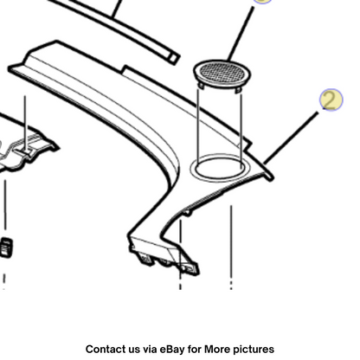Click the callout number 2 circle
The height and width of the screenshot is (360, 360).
331,100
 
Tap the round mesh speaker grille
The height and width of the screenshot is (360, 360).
222,74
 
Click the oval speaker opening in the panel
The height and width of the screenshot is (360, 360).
220,168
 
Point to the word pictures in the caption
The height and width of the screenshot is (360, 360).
254,350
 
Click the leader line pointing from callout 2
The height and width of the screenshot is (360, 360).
291,138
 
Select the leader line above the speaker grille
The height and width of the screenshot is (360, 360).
241,34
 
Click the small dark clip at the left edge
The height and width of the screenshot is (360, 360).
6,247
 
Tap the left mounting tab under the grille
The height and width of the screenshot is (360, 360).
201,86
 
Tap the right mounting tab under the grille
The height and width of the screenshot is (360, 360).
238,90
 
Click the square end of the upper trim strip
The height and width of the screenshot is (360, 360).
173,59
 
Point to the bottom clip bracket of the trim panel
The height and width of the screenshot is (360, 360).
164,257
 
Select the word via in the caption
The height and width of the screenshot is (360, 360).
150,350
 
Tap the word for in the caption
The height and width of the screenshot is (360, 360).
195,349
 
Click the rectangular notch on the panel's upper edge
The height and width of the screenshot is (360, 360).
125,69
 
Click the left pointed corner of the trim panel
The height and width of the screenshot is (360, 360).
10,68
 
